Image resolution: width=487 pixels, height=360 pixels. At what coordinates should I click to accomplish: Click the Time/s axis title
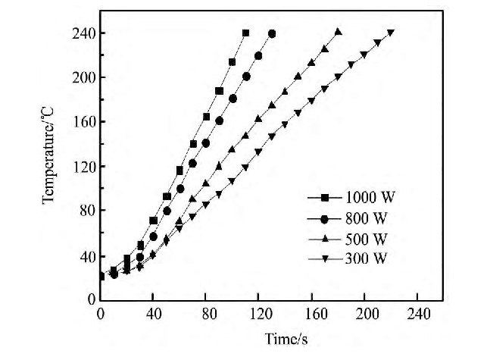pyautogui.click(x=286, y=336)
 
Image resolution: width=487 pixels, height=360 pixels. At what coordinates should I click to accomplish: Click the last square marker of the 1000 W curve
pyautogui.click(x=245, y=33)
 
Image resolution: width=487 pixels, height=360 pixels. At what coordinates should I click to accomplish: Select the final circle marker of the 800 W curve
pyautogui.click(x=272, y=33)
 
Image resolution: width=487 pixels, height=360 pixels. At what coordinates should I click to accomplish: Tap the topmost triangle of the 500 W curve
pyautogui.click(x=338, y=32)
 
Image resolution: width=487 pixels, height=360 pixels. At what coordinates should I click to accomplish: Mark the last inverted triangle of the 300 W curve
pyautogui.click(x=391, y=33)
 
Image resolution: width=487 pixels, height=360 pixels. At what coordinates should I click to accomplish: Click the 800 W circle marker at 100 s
pyautogui.click(x=233, y=99)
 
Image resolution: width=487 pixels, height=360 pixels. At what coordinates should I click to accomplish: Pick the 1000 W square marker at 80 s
pyautogui.click(x=206, y=117)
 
